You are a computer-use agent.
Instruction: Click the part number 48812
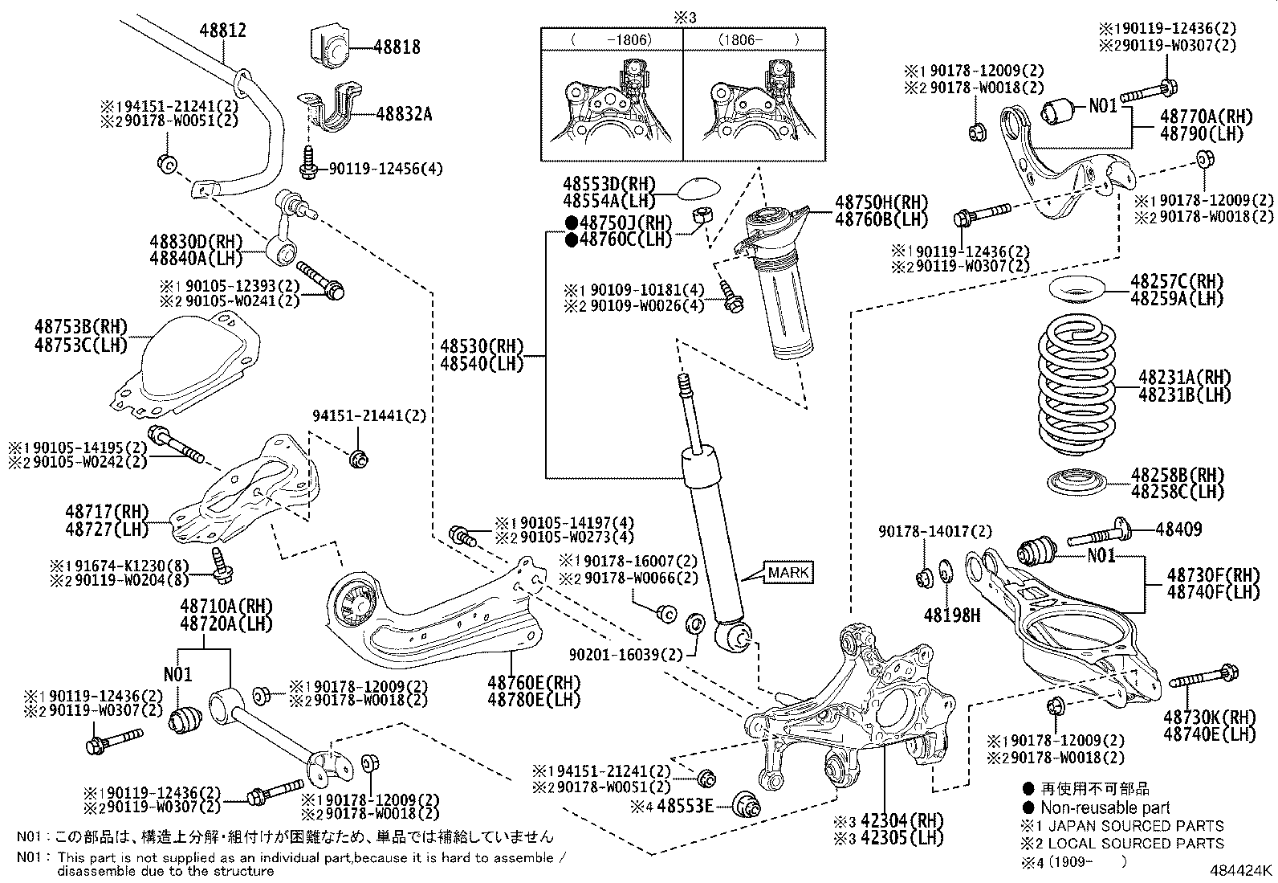point(222,31)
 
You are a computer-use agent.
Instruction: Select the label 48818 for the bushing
point(397,47)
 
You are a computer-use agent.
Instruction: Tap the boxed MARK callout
point(789,572)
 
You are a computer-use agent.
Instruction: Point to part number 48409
point(1178,529)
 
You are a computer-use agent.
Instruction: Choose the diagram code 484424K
point(1241,870)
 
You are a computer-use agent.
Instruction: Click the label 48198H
point(952,615)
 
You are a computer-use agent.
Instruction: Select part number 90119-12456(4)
point(385,169)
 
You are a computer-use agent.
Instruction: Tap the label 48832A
point(404,114)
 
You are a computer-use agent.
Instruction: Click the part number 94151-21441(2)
point(369,416)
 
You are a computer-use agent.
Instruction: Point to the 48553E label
point(685,806)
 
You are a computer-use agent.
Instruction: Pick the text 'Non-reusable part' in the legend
point(1105,807)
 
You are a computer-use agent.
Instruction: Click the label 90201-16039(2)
point(626,655)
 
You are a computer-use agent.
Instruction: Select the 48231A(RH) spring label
point(1185,378)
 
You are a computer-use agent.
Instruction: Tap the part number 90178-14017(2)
point(935,532)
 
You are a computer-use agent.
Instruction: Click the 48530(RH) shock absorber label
point(482,346)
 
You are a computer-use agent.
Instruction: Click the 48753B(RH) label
point(81,327)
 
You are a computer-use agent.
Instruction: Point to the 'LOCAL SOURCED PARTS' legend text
point(1136,844)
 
